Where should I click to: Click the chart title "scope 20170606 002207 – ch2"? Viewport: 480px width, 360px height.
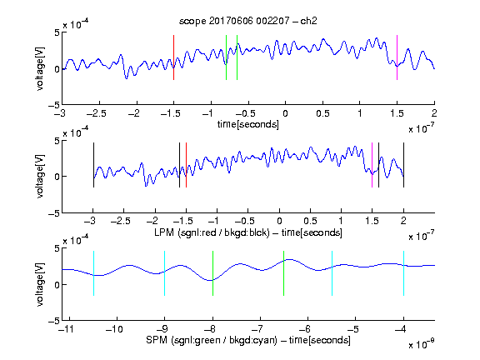248,21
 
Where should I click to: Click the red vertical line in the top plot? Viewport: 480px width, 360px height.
174,57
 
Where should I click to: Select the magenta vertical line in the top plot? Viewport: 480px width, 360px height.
397,57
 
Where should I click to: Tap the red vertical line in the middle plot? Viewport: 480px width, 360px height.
186,165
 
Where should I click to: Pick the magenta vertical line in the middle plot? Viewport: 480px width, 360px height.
372,165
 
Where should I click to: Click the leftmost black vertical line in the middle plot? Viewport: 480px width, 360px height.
93,165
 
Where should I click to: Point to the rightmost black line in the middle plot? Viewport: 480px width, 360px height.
403,165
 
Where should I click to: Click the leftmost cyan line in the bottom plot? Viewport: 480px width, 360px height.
93,273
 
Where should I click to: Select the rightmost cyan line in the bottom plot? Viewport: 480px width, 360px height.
403,273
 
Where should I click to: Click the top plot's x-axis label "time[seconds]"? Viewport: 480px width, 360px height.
248,124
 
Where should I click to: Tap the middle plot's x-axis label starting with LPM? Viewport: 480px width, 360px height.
248,232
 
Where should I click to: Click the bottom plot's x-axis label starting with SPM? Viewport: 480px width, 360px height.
248,340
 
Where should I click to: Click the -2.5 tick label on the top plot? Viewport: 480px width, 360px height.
96,113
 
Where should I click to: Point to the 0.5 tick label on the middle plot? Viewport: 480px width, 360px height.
310,221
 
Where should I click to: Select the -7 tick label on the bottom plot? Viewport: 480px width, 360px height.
259,329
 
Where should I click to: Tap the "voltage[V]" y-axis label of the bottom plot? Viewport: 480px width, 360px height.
40,284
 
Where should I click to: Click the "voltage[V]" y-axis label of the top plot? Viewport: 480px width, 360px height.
40,68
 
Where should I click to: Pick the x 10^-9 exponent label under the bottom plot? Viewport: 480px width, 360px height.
422,343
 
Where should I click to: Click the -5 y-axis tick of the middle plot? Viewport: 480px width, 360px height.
54,213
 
